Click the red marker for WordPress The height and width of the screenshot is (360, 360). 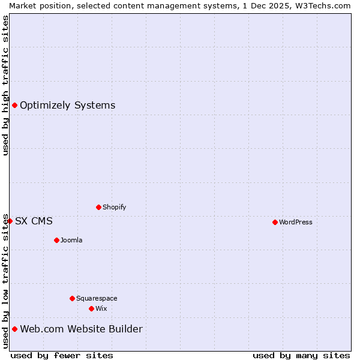(275, 222)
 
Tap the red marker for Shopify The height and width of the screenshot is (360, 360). (98, 207)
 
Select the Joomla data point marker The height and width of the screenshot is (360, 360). (56, 240)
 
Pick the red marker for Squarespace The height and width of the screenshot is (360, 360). (72, 298)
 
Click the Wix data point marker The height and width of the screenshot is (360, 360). (91, 308)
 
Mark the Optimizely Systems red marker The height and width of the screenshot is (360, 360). (14, 106)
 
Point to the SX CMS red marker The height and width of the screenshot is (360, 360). (10, 221)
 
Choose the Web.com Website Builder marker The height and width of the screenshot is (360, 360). (14, 329)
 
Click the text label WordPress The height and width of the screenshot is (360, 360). (296, 222)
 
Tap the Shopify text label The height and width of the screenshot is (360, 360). (115, 207)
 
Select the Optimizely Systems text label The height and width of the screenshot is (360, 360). (68, 106)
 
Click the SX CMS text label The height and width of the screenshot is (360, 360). (34, 221)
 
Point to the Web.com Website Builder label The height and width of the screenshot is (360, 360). (82, 329)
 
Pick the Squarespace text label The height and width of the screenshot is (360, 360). (97, 298)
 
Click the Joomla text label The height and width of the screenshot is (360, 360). (71, 240)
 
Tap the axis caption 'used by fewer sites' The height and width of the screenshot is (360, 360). (62, 355)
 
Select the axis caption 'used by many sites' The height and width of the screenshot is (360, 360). (301, 355)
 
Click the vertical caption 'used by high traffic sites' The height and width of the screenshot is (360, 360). (5, 85)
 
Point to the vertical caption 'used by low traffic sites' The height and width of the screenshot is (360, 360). (5, 281)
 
